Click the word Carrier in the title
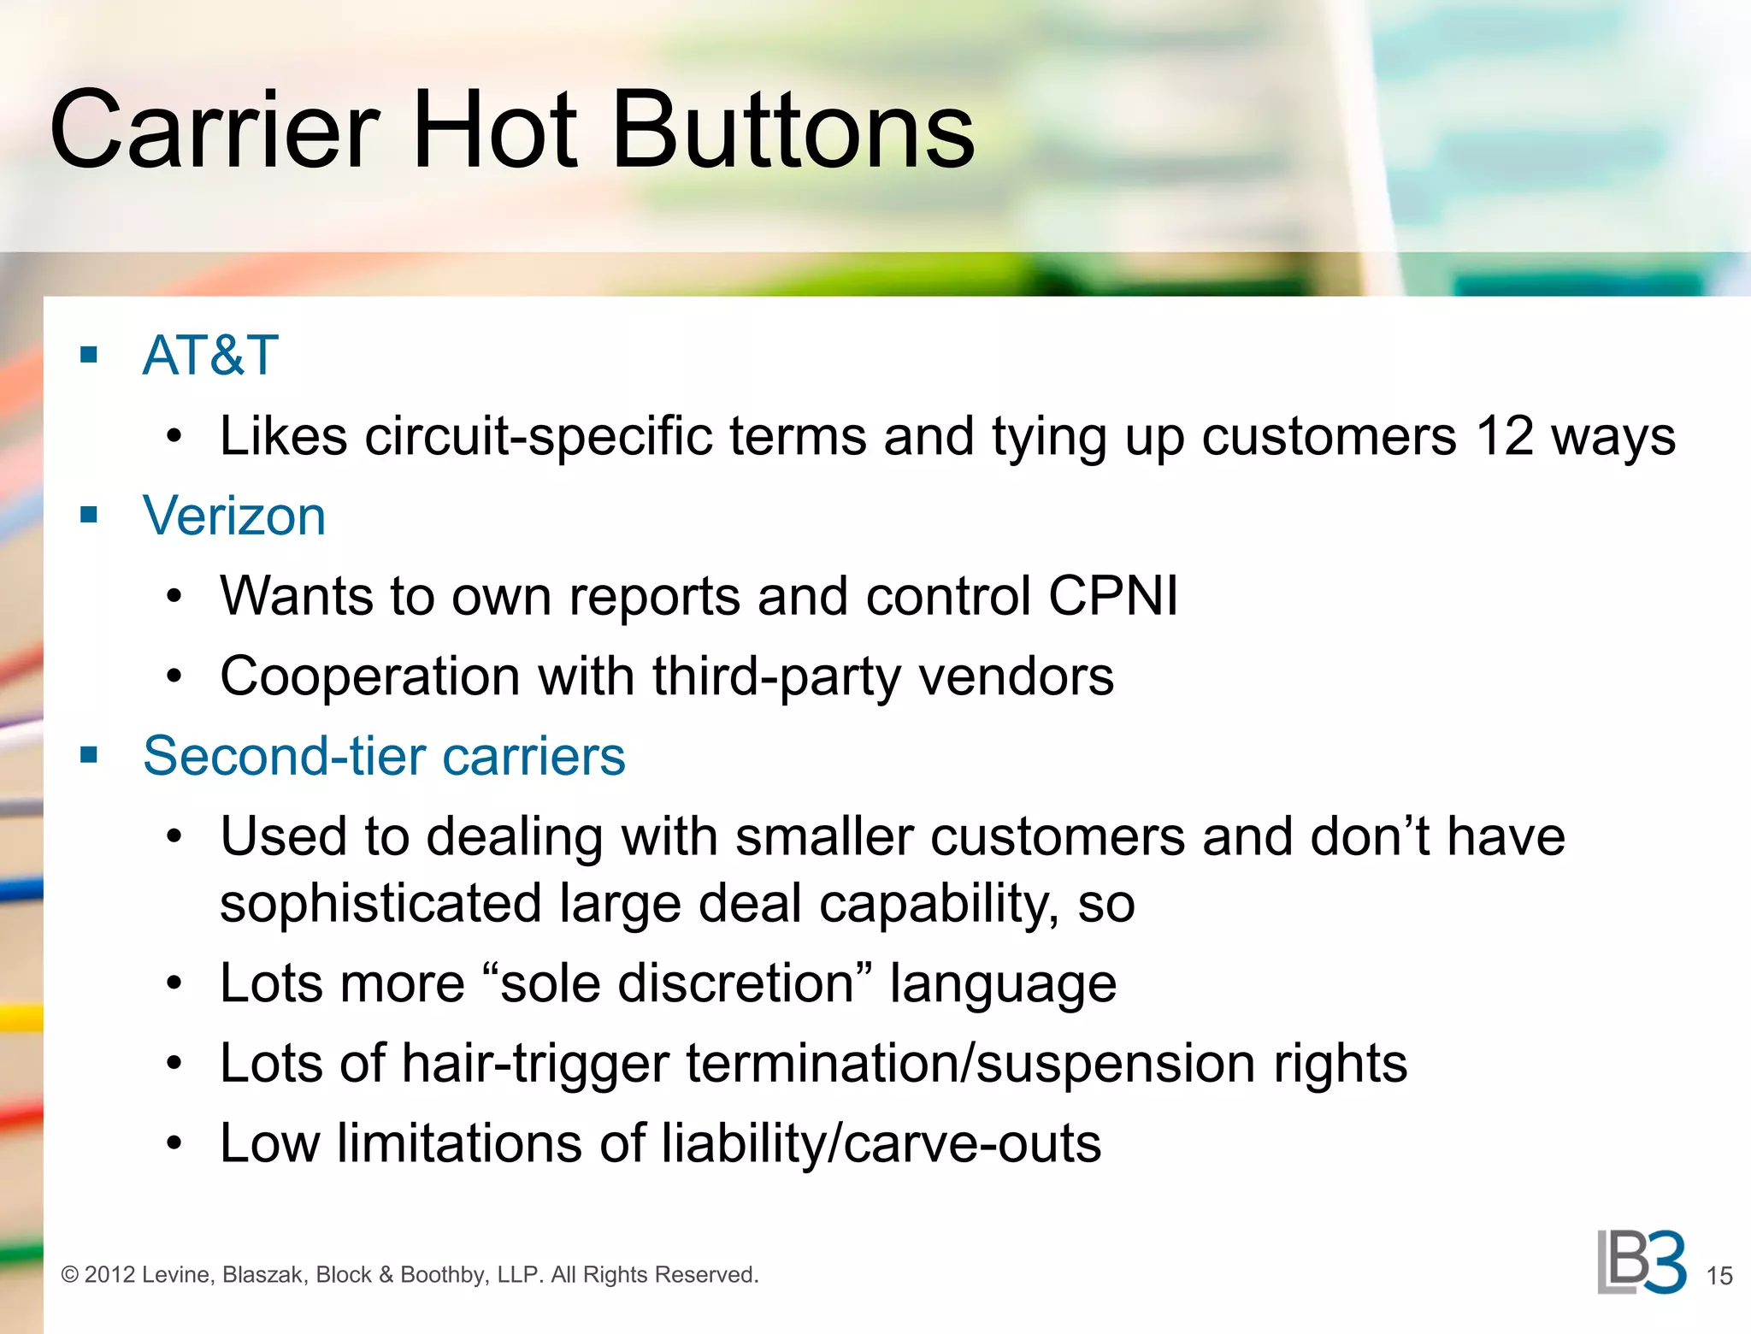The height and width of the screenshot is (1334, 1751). tap(214, 130)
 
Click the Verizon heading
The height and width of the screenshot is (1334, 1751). tap(234, 516)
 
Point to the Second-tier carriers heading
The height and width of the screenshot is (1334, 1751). tap(384, 756)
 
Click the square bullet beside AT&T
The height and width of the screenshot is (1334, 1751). tap(89, 354)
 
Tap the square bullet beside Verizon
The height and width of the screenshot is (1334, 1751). tap(89, 515)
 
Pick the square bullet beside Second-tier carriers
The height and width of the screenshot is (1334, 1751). tap(89, 755)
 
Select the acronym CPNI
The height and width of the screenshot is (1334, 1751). tap(1113, 595)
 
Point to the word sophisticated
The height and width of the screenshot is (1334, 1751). tap(380, 904)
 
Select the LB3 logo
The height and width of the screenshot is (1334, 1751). tap(1642, 1263)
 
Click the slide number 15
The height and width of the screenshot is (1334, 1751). tap(1719, 1276)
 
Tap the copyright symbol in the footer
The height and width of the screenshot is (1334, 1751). tap(70, 1275)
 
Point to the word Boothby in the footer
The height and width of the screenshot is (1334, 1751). tap(445, 1275)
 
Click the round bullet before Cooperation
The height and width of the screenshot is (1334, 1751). tap(174, 676)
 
